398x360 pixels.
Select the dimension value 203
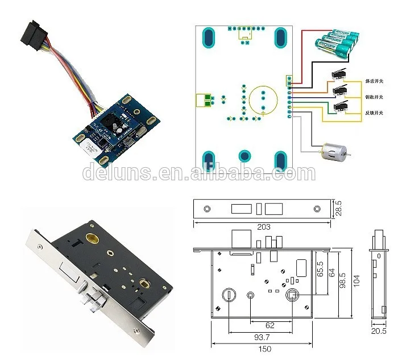tap(263, 227)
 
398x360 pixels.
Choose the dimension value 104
tap(356, 281)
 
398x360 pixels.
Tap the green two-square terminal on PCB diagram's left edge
tap(203, 101)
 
